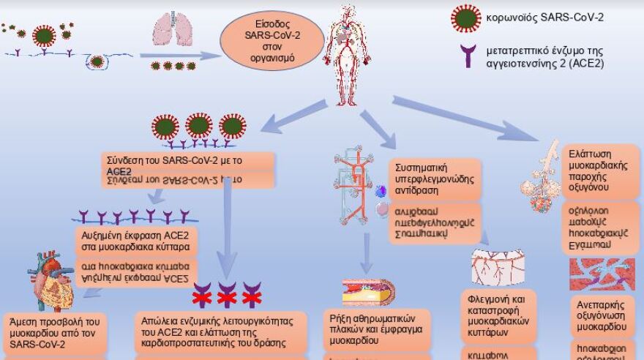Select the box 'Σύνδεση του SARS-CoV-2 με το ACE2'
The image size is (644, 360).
189,163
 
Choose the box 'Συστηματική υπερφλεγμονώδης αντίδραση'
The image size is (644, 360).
435,176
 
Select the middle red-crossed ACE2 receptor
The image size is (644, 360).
227,295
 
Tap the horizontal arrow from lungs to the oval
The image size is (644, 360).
180,55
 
